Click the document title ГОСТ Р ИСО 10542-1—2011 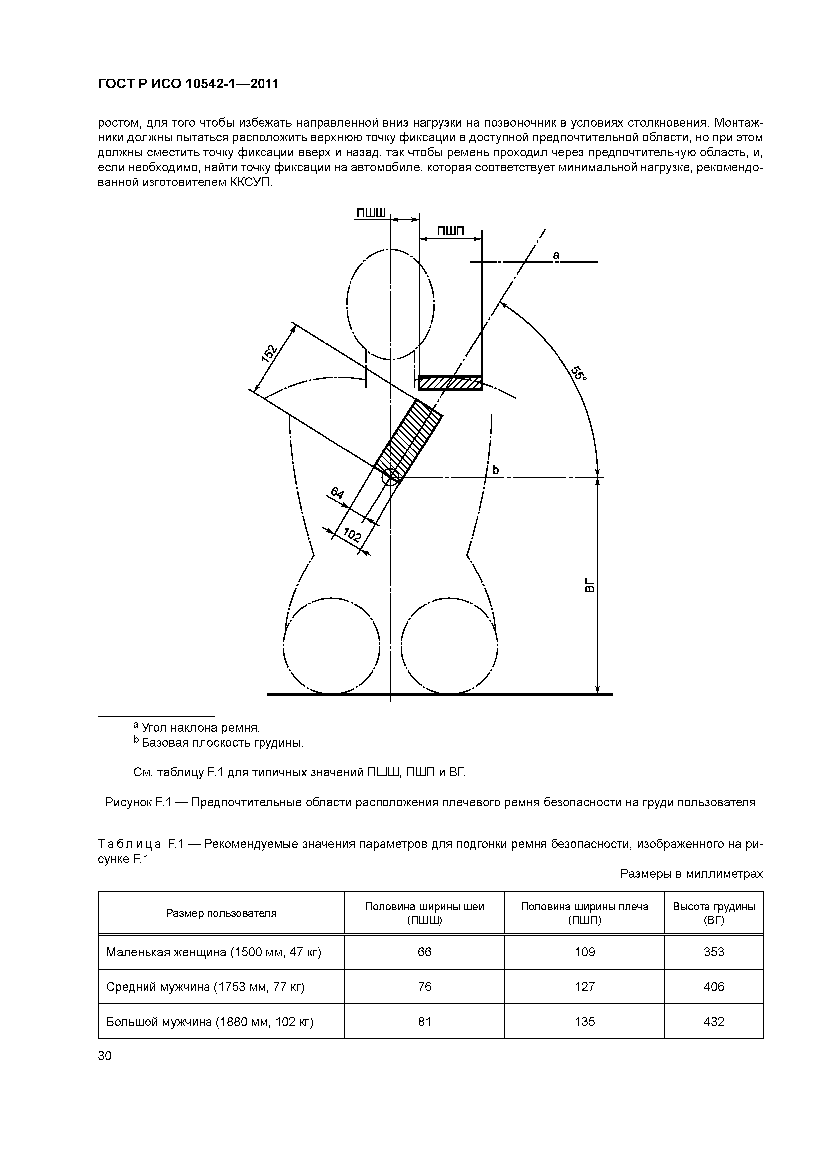tap(188, 84)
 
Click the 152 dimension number tap(269, 353)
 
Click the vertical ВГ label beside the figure tap(589, 586)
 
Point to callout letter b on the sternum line tap(496, 470)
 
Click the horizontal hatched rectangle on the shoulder tap(450, 383)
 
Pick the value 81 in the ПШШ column tap(424, 1021)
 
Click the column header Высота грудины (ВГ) tap(714, 913)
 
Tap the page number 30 tap(104, 1055)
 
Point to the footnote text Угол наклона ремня tap(201, 728)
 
